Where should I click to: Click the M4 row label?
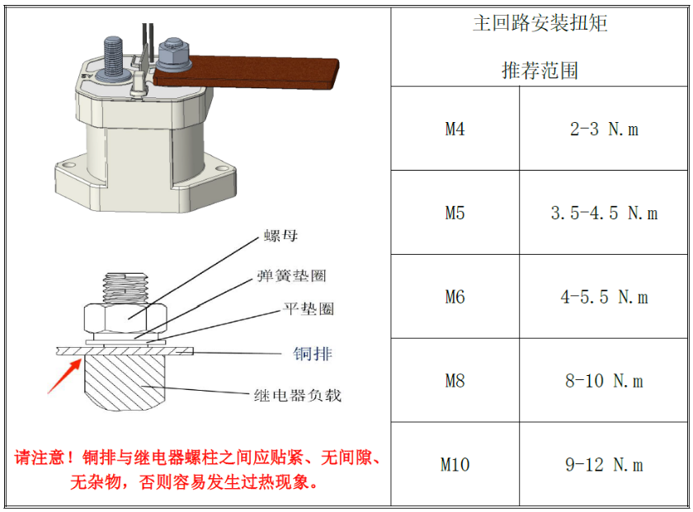click(455, 129)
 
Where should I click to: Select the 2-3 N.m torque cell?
click(604, 129)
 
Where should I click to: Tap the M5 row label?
click(455, 214)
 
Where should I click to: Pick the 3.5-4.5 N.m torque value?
click(604, 214)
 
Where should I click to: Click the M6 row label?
click(455, 297)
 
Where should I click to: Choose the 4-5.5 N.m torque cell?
click(604, 297)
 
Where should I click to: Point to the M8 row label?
click(455, 381)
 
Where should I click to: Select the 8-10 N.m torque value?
click(604, 381)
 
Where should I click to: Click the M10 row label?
click(455, 465)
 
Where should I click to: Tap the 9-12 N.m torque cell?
click(604, 465)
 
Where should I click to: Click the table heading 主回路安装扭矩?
click(540, 23)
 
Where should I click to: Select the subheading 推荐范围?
click(540, 71)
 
